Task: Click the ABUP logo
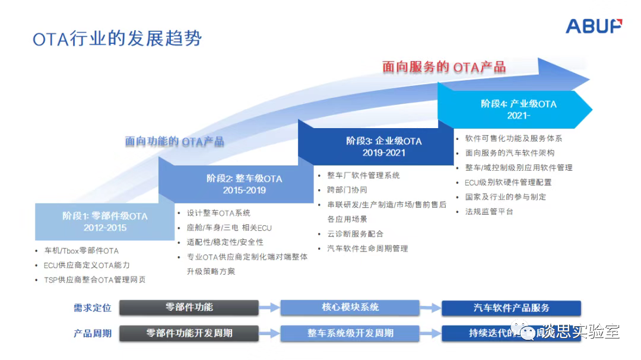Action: click(594, 26)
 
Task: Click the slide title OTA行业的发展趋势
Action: click(117, 39)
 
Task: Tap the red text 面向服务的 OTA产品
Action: click(444, 66)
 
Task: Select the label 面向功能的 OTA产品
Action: click(174, 141)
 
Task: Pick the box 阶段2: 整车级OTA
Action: click(244, 184)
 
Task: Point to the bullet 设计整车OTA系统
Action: click(218, 213)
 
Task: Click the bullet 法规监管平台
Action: click(488, 211)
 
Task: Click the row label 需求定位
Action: click(93, 307)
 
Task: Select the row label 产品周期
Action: click(93, 333)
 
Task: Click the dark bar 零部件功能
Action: click(189, 307)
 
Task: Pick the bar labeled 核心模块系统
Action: click(350, 307)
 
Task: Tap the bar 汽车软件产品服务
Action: click(511, 308)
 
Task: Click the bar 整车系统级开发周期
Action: click(350, 333)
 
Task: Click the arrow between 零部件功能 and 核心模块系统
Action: click(269, 307)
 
